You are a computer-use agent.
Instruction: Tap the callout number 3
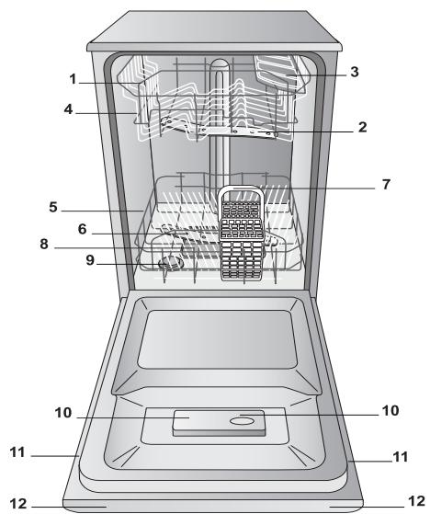(x=354, y=72)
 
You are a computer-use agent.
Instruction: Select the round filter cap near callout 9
(x=171, y=266)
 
